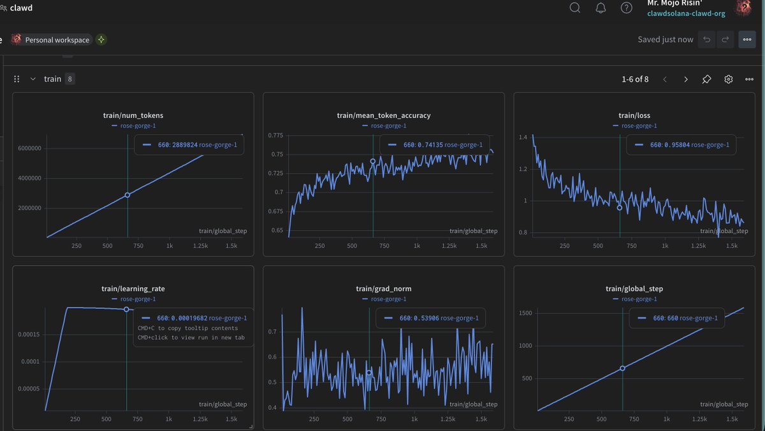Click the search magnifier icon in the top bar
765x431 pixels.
click(x=575, y=8)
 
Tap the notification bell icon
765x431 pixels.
click(x=601, y=8)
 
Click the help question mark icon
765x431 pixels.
click(x=626, y=8)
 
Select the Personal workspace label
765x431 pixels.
click(x=57, y=40)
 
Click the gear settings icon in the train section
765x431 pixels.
click(x=728, y=79)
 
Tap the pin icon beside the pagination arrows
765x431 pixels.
click(x=706, y=79)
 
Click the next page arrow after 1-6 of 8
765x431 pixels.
click(x=686, y=79)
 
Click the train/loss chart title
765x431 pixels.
click(x=634, y=116)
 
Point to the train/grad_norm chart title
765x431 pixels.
click(x=384, y=289)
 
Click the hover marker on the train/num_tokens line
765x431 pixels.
click(x=127, y=195)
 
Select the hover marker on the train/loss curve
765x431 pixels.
click(x=620, y=208)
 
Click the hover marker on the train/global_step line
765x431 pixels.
click(x=623, y=368)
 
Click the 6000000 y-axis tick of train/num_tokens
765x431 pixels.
click(x=30, y=148)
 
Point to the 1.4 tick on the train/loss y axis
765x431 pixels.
click(x=523, y=137)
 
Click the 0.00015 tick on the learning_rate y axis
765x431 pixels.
click(x=29, y=334)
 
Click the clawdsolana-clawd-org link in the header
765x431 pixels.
click(x=686, y=13)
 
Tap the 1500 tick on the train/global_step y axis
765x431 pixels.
click(x=525, y=313)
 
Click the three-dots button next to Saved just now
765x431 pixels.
click(x=747, y=40)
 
